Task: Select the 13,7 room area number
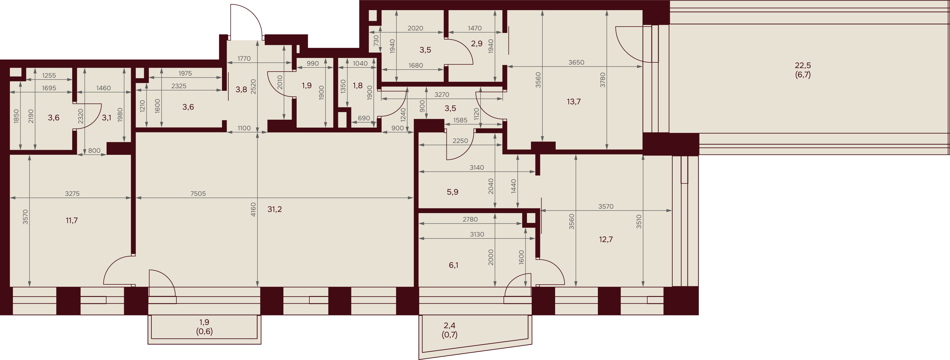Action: (x=573, y=101)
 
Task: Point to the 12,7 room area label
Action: (x=605, y=239)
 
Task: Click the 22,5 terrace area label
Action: (x=802, y=65)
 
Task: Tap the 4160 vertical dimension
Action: (x=253, y=209)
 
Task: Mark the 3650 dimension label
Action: (x=576, y=62)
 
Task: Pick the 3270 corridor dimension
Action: (x=441, y=94)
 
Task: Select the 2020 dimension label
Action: (x=415, y=28)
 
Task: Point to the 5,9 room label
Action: (x=453, y=192)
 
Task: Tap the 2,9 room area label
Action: (x=477, y=43)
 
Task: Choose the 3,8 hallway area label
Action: (x=241, y=89)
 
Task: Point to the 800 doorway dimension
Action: (x=94, y=150)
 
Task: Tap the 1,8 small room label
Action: (x=357, y=85)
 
